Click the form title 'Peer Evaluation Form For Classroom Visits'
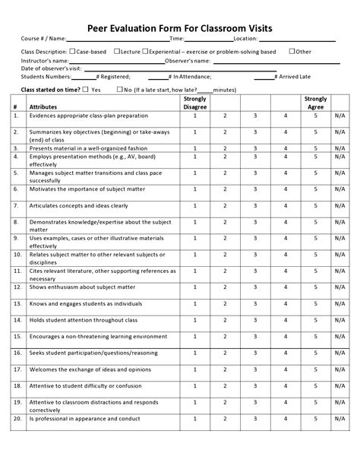click(x=179, y=27)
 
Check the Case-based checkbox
click(x=72, y=51)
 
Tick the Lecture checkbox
click(x=117, y=51)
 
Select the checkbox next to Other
click(x=292, y=51)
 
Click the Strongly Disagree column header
click(x=194, y=103)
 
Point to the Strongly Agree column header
click(x=315, y=103)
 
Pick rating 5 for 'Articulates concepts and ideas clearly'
click(x=315, y=205)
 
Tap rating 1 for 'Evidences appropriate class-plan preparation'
click(x=194, y=116)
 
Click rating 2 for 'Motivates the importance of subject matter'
click(x=225, y=190)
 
